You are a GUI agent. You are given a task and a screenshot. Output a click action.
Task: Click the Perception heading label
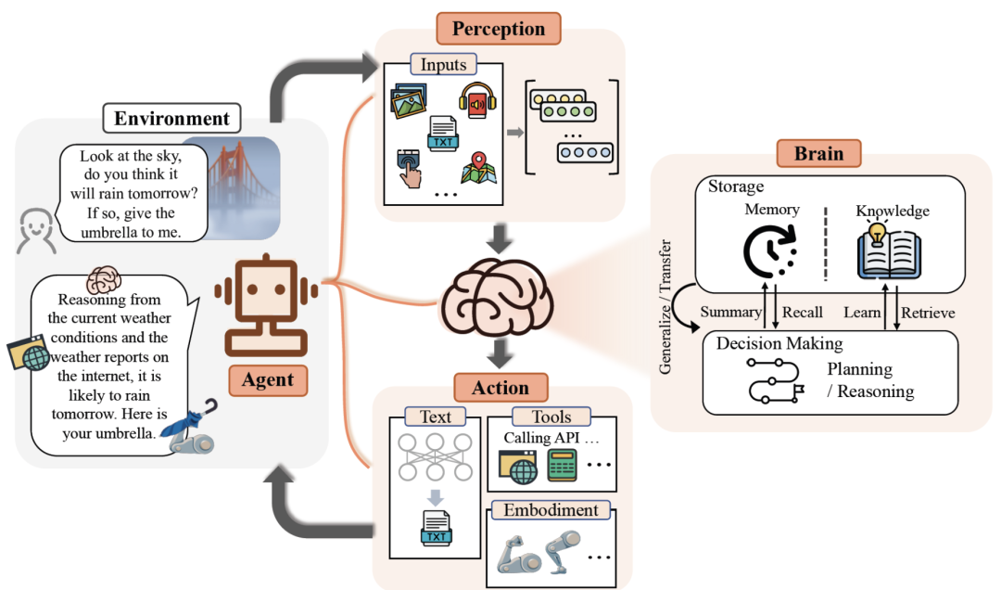click(x=498, y=29)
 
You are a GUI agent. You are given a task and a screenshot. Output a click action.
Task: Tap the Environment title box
click(x=171, y=118)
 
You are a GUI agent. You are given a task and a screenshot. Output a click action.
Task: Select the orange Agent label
click(x=268, y=379)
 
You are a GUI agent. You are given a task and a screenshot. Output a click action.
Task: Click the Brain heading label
click(x=818, y=153)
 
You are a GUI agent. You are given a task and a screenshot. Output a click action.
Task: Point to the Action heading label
click(x=500, y=388)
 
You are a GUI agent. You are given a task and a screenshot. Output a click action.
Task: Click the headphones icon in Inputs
click(x=477, y=100)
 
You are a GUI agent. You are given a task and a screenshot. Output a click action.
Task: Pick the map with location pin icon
click(x=478, y=168)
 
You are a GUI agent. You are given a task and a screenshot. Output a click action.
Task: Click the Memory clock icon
click(x=770, y=251)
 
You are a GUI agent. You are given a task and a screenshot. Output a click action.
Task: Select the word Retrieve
click(x=928, y=313)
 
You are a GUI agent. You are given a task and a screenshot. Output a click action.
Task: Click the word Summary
click(x=731, y=312)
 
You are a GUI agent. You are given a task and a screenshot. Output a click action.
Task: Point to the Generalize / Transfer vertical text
click(x=665, y=307)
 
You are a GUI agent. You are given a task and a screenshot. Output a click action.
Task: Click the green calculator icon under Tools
click(x=562, y=465)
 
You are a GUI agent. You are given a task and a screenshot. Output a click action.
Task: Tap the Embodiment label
click(x=551, y=510)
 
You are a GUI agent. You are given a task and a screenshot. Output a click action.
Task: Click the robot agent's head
click(x=266, y=289)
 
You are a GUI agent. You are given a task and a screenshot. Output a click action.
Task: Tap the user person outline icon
click(x=36, y=231)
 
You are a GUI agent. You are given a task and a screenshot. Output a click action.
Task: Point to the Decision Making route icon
click(x=775, y=380)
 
